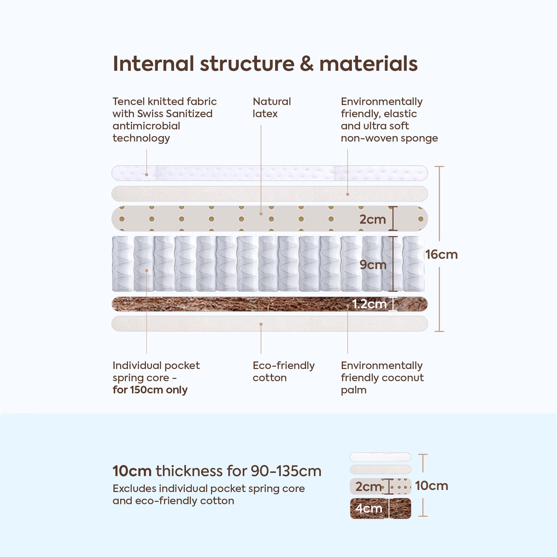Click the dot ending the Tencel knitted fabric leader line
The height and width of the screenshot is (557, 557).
coord(147,175)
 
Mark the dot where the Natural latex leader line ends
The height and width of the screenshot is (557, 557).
coord(261,214)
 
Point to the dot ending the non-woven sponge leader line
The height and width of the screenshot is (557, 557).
coord(348,194)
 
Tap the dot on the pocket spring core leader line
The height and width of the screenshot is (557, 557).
coord(147,271)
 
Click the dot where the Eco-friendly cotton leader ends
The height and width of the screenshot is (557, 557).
coord(261,324)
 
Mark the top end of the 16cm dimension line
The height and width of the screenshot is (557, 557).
coord(440,167)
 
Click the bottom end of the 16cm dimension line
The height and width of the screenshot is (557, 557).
coord(440,331)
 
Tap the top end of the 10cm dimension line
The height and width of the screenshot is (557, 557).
coord(423,455)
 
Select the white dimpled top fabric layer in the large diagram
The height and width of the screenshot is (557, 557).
coord(270,173)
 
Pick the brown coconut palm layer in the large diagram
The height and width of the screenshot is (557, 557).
coord(270,304)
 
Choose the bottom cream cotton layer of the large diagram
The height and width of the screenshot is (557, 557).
coord(270,323)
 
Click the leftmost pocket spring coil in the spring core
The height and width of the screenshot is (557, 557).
coord(122,264)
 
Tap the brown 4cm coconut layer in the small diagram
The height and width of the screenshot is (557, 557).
coord(381,508)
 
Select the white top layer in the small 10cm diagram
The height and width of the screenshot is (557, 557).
coord(381,457)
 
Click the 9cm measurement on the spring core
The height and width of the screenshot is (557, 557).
coord(373,265)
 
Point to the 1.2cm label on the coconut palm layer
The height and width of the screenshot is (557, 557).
coord(369,304)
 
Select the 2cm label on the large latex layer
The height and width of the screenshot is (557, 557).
coord(373,219)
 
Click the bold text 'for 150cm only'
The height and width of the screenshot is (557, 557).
coord(150,390)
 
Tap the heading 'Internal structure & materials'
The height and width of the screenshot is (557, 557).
coord(265,64)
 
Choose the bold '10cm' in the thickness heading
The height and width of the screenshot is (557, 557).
coord(132,471)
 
